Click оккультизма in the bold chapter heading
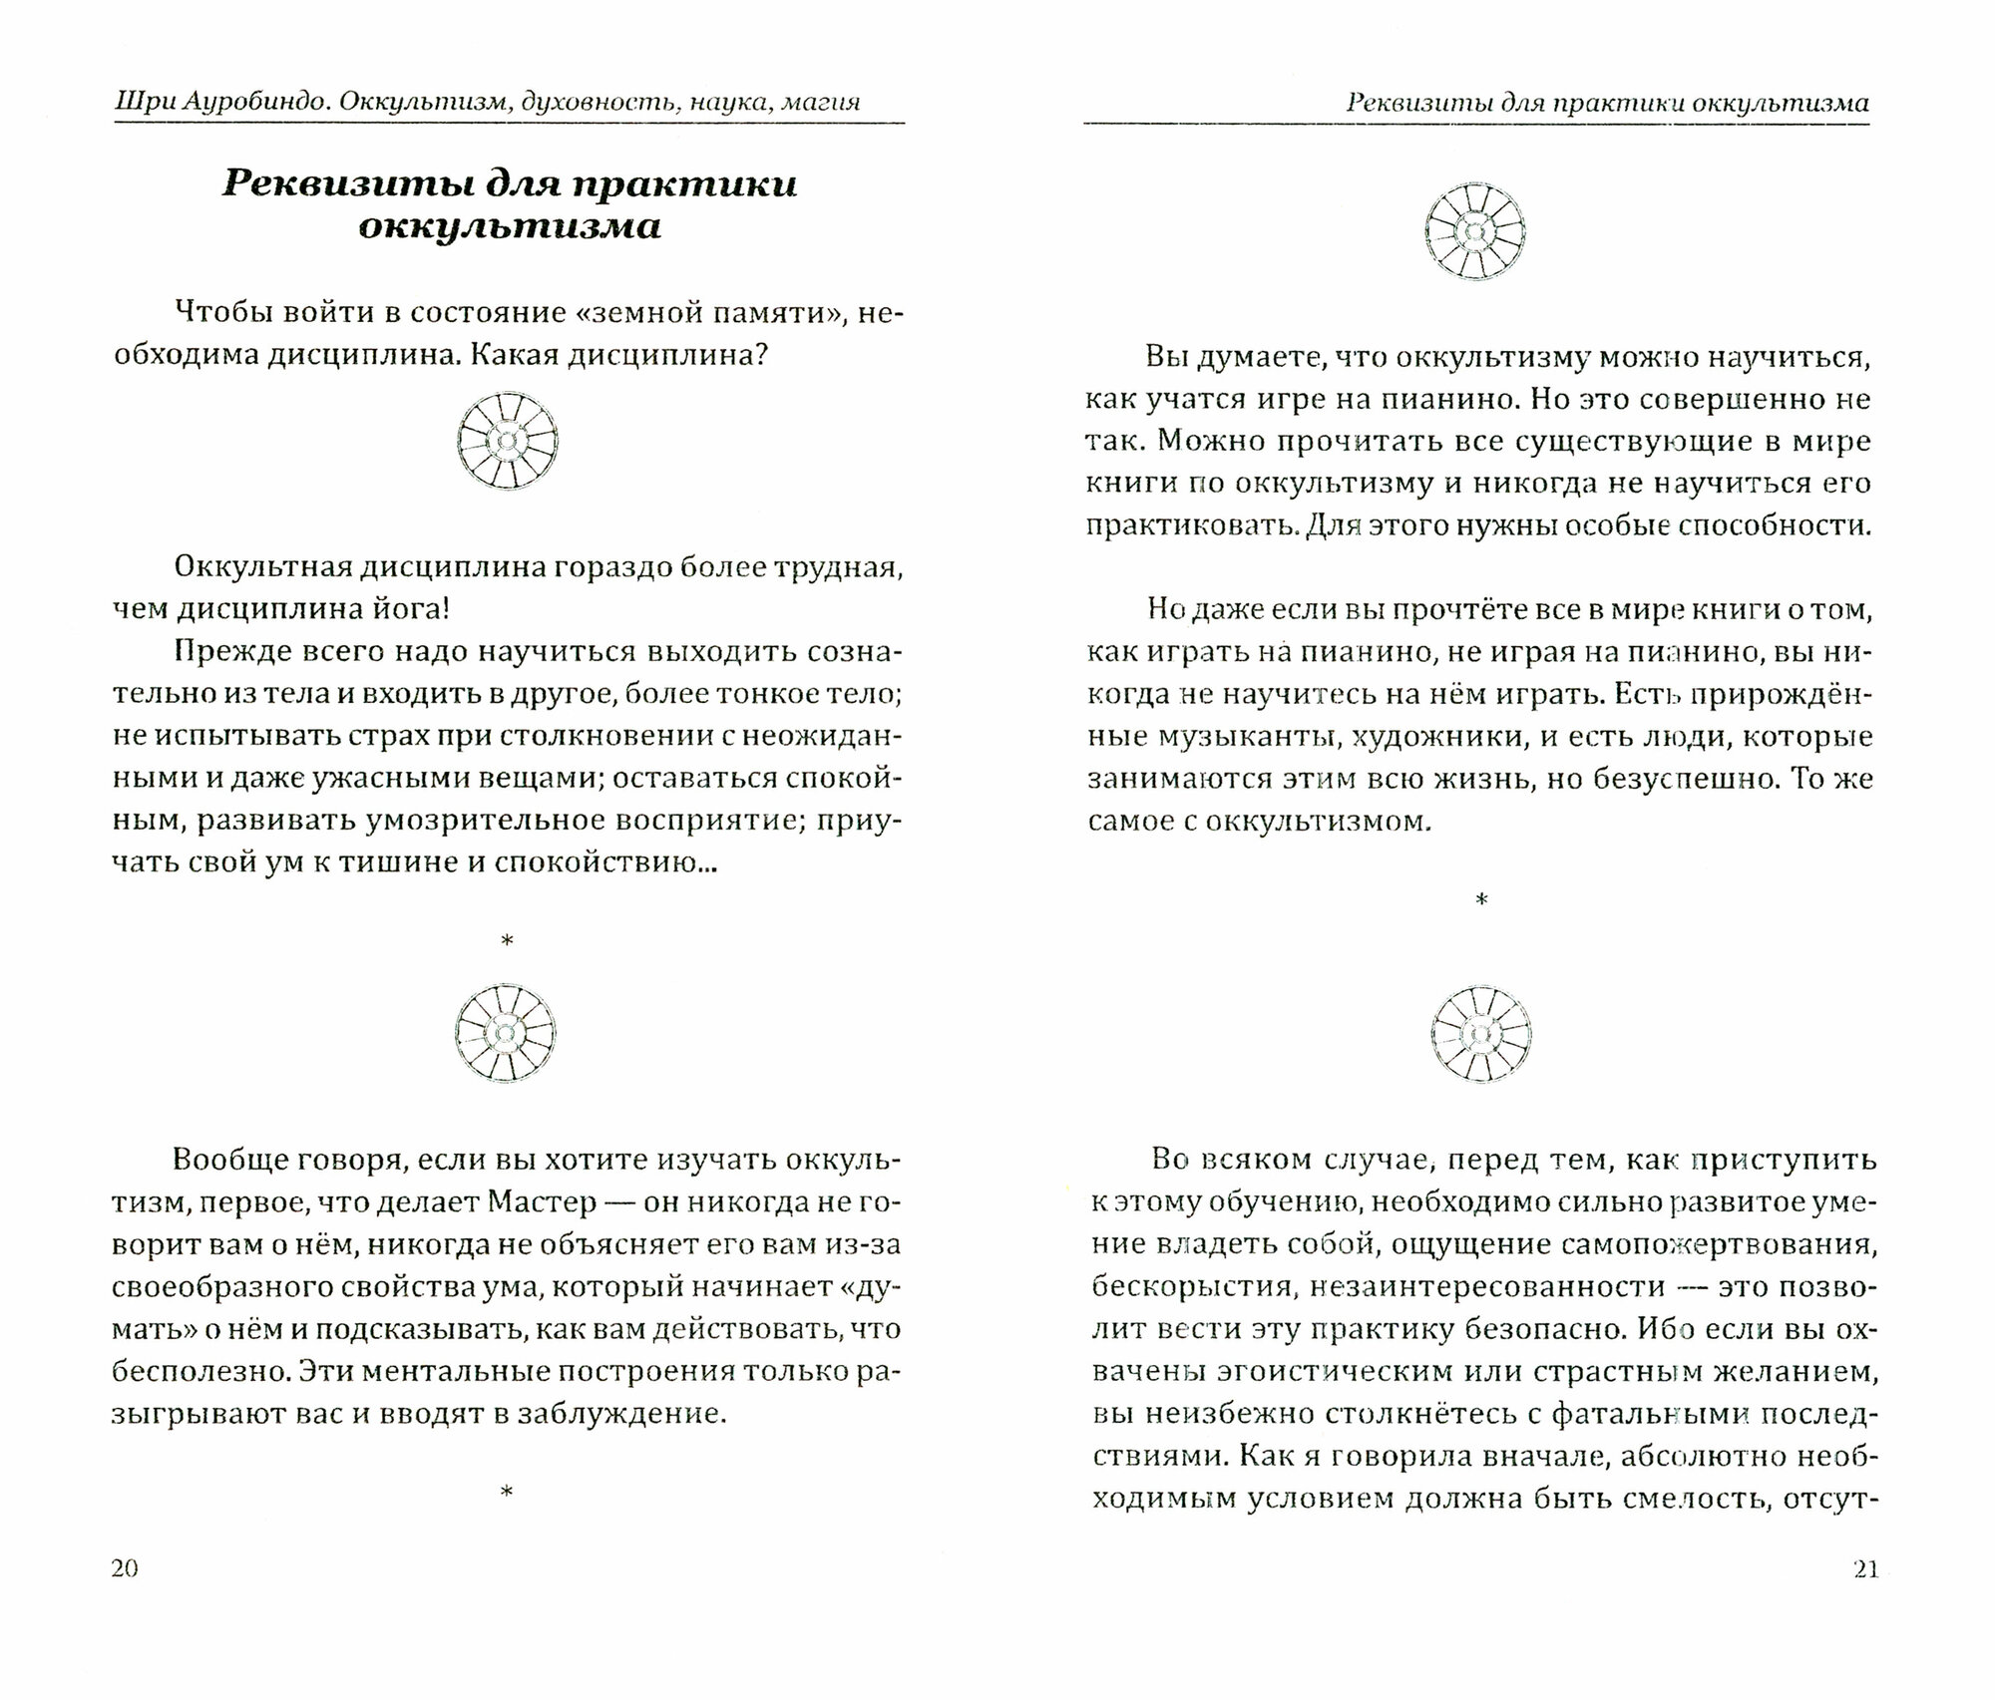tap(509, 227)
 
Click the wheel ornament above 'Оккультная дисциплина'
tap(507, 441)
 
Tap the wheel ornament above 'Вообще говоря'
tap(506, 1034)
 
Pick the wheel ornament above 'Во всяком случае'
tap(1480, 1034)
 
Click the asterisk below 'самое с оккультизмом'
tap(1481, 900)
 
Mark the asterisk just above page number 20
tap(507, 1493)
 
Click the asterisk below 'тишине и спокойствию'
tap(507, 940)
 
